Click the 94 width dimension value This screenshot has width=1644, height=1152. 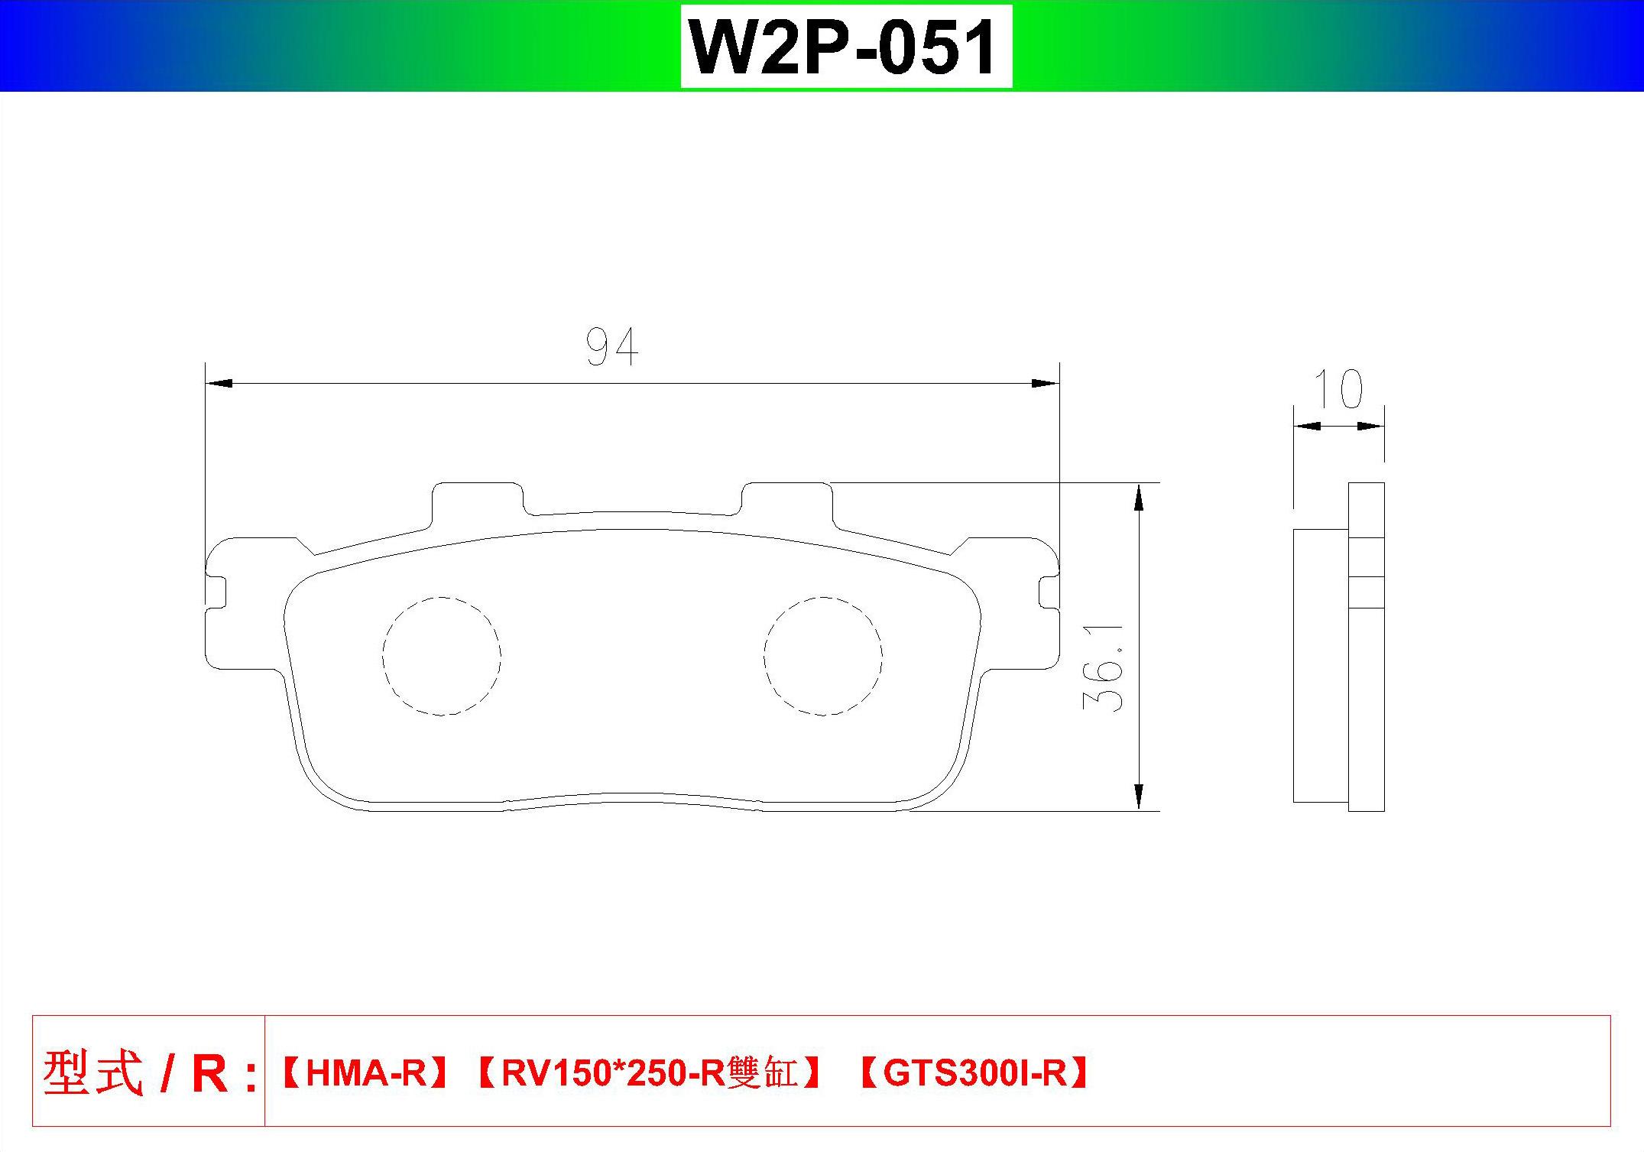tap(612, 347)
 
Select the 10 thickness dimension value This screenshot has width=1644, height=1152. tap(1338, 389)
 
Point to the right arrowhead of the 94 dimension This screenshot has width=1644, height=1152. tap(1046, 383)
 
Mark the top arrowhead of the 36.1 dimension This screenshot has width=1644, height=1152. tap(1139, 497)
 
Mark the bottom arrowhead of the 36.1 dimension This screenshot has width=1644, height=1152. tap(1139, 797)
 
